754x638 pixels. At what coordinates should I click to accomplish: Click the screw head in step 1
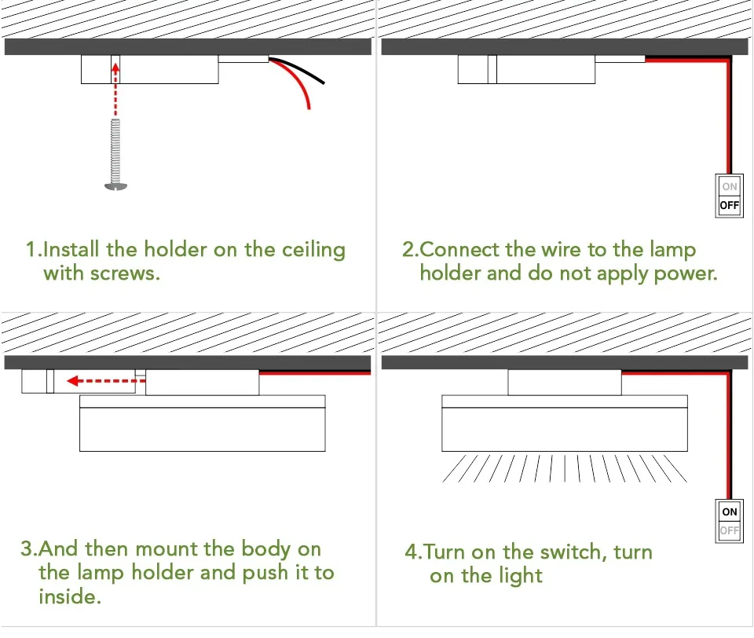(x=115, y=185)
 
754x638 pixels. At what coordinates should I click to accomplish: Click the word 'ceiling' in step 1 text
(x=313, y=251)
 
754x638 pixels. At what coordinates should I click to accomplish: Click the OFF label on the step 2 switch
(x=730, y=206)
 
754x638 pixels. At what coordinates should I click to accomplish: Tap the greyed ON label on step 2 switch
(x=730, y=187)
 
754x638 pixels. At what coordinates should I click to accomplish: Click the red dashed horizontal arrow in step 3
(x=101, y=381)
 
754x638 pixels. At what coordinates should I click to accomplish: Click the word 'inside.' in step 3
(x=70, y=596)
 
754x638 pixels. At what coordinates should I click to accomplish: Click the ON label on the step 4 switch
(x=730, y=511)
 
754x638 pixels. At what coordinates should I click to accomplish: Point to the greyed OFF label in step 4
(x=730, y=530)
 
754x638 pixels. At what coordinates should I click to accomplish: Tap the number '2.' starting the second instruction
(x=411, y=251)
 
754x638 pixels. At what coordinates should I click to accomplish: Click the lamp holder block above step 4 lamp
(x=564, y=383)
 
